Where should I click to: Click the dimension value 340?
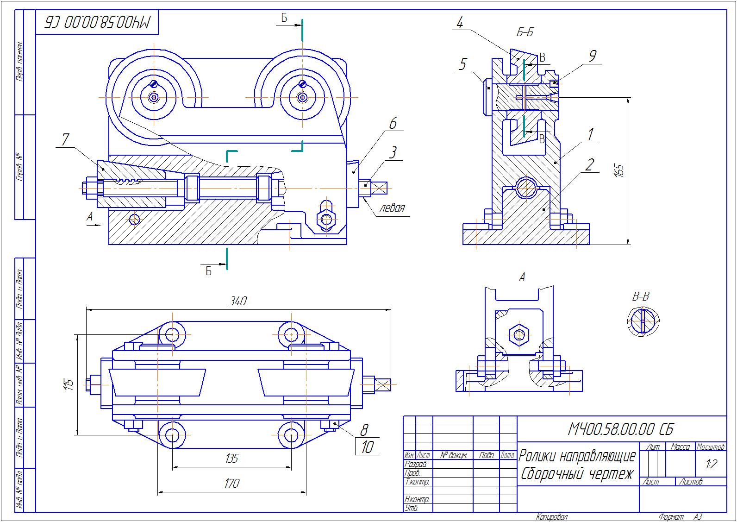point(238,301)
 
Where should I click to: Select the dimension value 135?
point(231,459)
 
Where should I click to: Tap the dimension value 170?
point(231,484)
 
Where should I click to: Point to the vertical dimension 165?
point(620,170)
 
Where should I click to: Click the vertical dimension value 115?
point(69,384)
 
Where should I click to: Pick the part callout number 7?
point(65,139)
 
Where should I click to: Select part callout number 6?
point(393,123)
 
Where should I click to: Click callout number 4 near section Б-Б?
point(459,23)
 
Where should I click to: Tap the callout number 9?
point(592,56)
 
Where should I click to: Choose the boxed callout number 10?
point(367,447)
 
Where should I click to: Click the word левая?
point(392,208)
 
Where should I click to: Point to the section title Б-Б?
point(525,32)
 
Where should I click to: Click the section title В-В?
point(641,297)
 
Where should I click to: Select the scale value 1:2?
point(711,464)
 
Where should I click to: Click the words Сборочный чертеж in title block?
point(577,474)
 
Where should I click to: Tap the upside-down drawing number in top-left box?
point(98,22)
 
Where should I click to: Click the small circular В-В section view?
point(643,321)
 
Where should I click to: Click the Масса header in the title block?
point(680,447)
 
